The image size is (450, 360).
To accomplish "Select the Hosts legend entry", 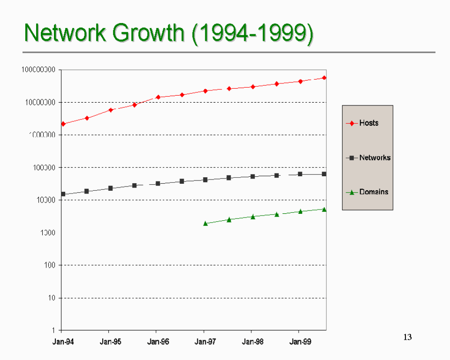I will click(x=368, y=123).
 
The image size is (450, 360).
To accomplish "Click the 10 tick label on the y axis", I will click(x=53, y=298).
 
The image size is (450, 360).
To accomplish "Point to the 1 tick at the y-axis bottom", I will click(x=55, y=330).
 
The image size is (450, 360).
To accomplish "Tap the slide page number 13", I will click(x=407, y=337).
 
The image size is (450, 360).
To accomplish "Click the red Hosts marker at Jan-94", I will click(x=63, y=124).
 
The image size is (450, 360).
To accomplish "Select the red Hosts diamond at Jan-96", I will click(x=158, y=97).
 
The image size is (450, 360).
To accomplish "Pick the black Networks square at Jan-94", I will click(x=63, y=194).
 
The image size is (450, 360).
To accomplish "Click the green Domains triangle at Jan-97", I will click(x=205, y=224).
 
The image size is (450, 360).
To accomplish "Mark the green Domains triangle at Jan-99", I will click(x=300, y=211).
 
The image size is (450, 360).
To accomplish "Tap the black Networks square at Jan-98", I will click(x=253, y=177).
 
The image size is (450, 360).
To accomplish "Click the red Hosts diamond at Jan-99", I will click(x=300, y=82).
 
